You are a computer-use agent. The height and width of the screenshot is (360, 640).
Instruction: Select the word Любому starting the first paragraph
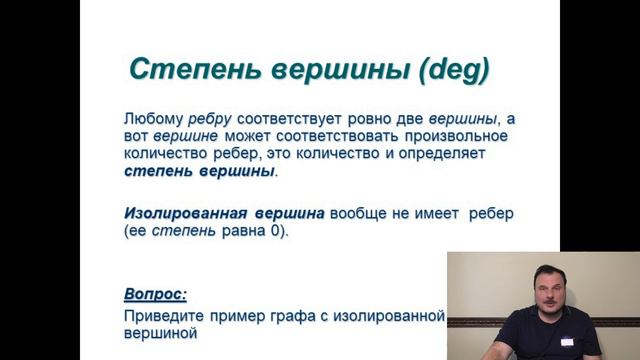(x=153, y=118)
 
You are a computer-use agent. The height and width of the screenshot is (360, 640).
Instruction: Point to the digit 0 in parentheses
(x=276, y=232)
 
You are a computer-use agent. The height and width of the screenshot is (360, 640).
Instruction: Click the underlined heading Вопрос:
(x=156, y=295)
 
